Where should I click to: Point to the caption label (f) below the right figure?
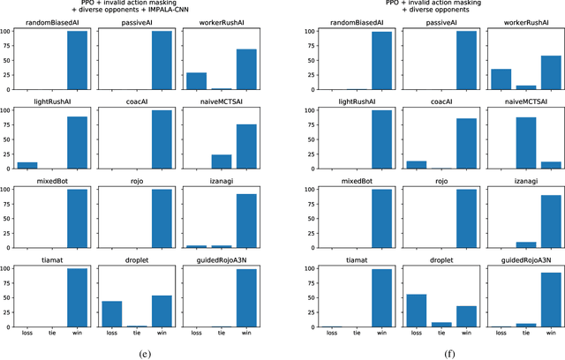point(424,352)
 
